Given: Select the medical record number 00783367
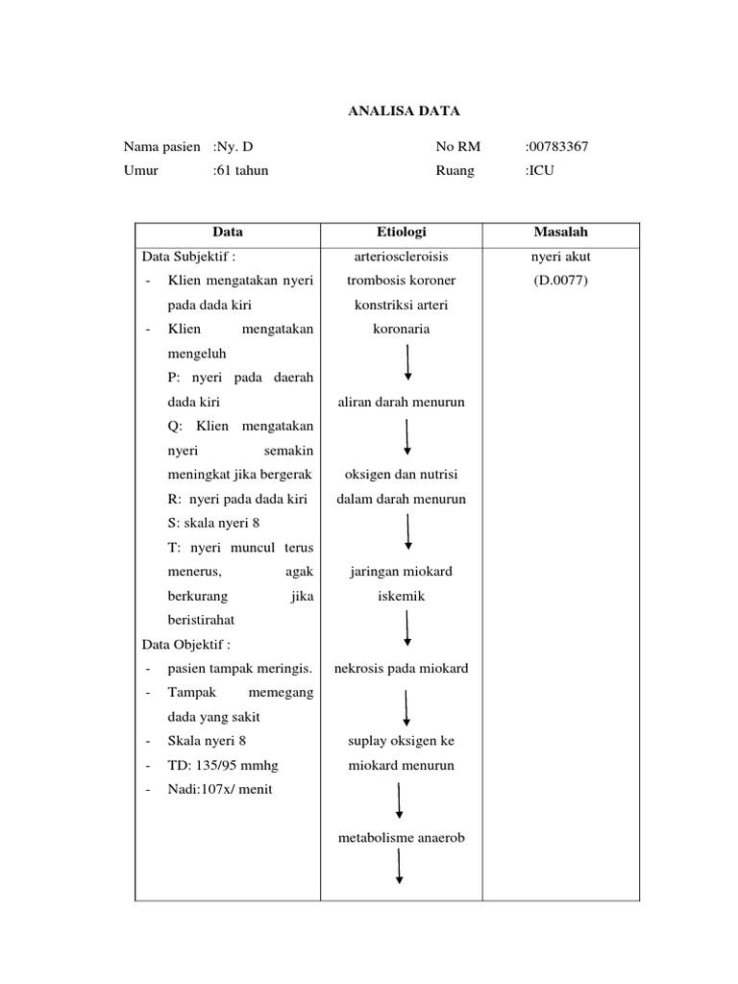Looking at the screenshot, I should (557, 147).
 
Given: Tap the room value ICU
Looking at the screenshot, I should (540, 170).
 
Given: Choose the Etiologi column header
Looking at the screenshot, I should (402, 232).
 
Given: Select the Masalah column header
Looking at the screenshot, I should (560, 232).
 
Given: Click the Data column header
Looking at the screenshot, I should (228, 232).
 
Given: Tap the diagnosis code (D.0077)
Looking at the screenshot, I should (560, 281).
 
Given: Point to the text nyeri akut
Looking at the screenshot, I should (560, 257).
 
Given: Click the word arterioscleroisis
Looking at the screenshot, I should (402, 257).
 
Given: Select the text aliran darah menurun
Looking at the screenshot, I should (402, 402).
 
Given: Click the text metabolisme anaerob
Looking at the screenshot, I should (402, 838).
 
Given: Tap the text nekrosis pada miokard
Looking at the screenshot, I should (402, 668).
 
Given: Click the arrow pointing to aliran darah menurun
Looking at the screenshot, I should (408, 362).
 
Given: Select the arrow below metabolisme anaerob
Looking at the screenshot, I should (399, 867).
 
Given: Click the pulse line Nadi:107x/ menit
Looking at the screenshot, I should (220, 789).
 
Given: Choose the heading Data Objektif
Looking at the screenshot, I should (186, 644).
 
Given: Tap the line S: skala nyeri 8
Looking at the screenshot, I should (213, 523).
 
